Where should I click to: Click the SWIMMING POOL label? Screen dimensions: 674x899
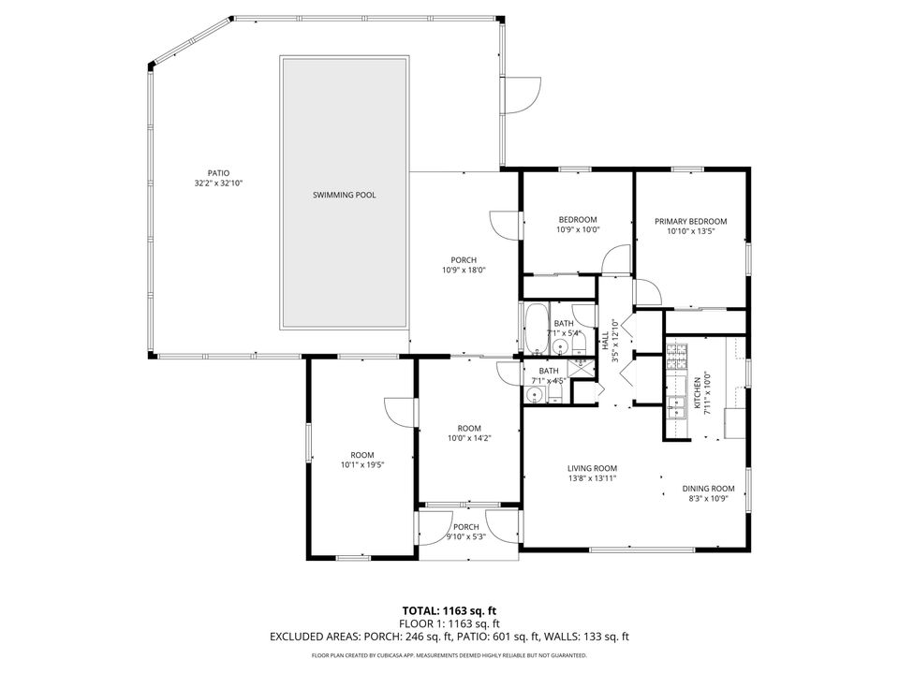pos(345,196)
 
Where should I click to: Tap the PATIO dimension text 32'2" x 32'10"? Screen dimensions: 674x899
pos(218,183)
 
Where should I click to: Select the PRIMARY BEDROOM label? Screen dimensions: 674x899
pos(691,222)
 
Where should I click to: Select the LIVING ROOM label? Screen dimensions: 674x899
pos(592,468)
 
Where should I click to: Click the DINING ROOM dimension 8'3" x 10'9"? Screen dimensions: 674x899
pos(708,498)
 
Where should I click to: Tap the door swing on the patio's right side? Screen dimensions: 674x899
pos(523,94)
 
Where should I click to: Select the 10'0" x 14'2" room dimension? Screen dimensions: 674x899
pos(469,438)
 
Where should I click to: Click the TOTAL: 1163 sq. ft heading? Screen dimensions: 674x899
pos(449,608)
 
